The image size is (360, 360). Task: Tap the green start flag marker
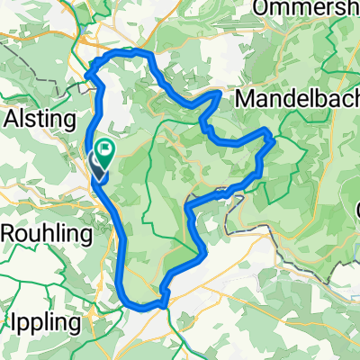tap(105, 153)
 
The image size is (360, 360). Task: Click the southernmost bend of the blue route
tap(144, 309)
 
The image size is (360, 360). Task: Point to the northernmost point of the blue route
tap(126, 52)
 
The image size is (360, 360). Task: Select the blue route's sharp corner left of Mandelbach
tap(219, 92)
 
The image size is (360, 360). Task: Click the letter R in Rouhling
tap(10, 233)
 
